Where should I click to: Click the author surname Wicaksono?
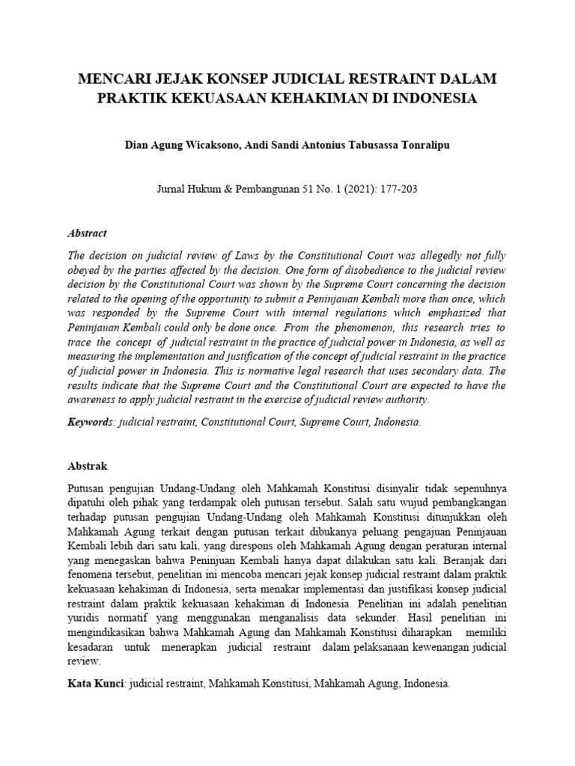tap(215, 145)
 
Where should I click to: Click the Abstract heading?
tap(88, 233)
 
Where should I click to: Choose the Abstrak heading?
tap(88, 466)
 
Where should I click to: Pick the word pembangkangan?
tap(463, 502)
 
